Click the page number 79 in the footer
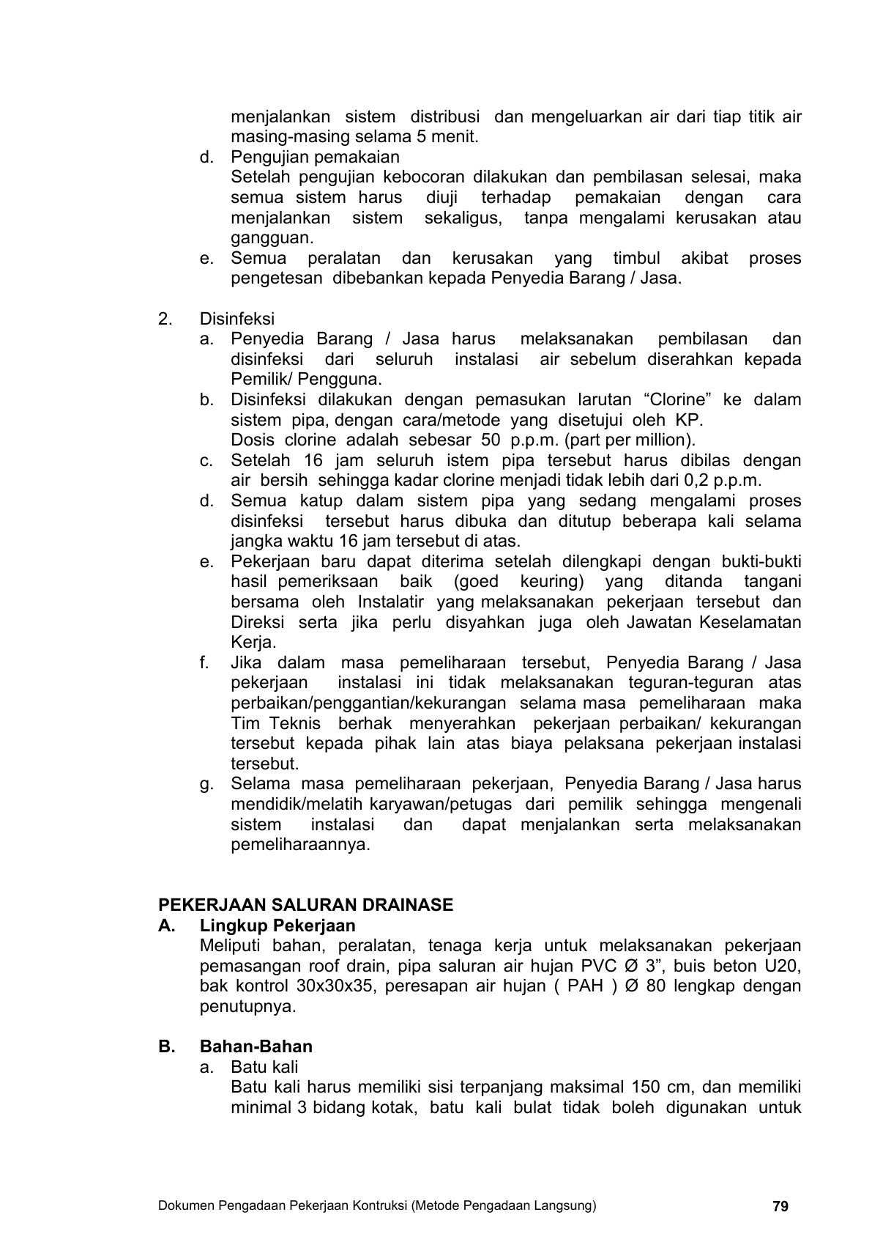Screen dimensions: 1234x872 point(780,1206)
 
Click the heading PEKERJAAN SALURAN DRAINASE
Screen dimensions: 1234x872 point(305,905)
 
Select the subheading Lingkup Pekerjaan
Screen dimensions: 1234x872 point(277,925)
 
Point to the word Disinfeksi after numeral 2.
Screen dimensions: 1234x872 point(237,319)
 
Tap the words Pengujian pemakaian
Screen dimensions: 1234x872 point(316,157)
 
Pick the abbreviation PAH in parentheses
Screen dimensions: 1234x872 point(585,986)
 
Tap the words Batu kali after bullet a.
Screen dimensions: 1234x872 point(264,1067)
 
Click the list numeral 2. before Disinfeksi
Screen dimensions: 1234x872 point(165,319)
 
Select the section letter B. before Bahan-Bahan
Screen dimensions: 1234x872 point(166,1046)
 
